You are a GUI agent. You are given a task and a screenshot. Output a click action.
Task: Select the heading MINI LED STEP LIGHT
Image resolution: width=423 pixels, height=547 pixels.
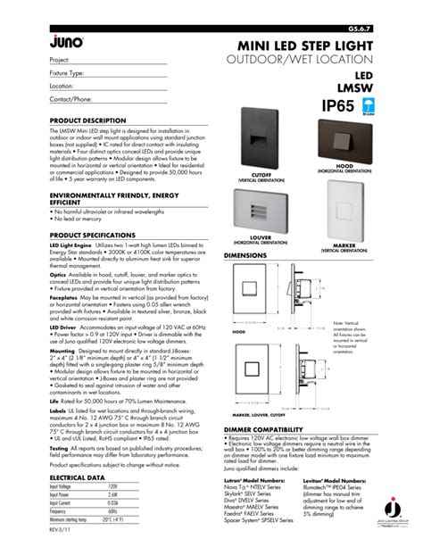301,45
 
